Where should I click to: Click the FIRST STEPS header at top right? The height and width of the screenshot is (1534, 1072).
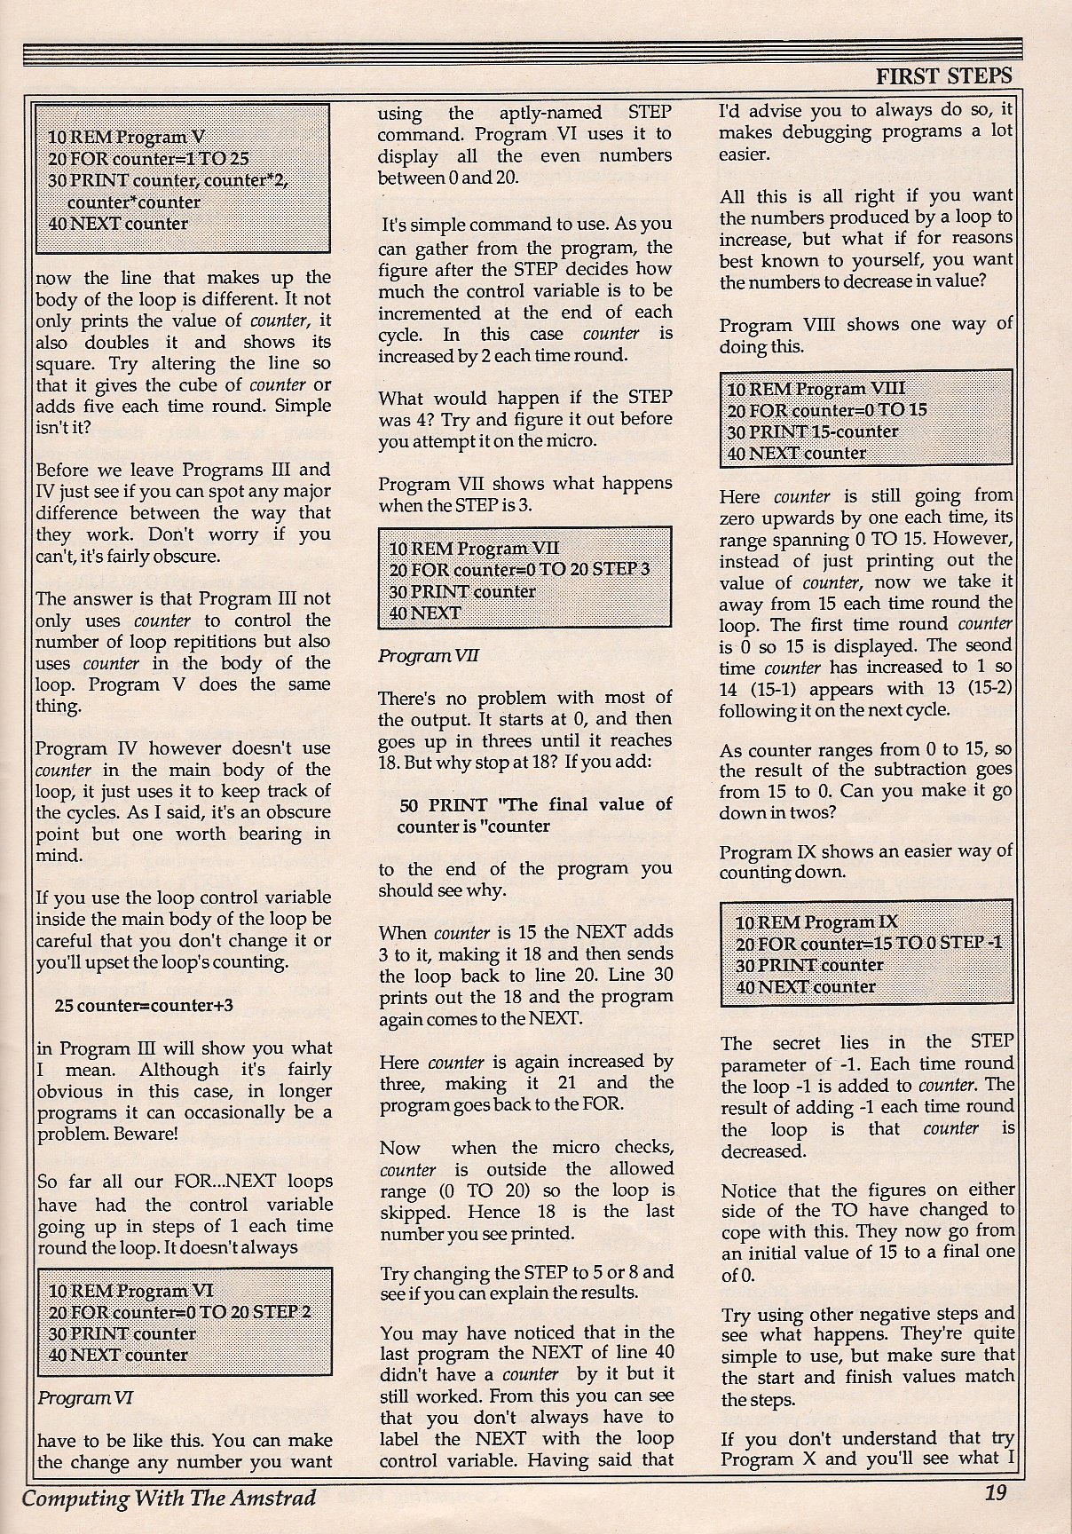tap(943, 76)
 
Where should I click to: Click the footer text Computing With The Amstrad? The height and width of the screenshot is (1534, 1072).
tap(169, 1498)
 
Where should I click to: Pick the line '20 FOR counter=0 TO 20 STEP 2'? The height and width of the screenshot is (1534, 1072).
tap(179, 1312)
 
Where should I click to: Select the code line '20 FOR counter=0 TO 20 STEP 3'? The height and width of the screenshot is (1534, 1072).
tap(519, 569)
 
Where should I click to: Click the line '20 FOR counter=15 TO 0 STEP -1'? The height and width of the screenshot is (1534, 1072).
tap(869, 943)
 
